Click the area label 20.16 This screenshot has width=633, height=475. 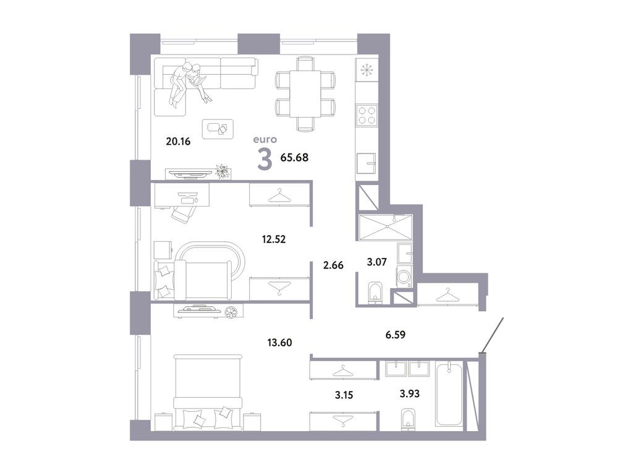[x=177, y=141]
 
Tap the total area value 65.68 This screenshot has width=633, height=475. [x=294, y=157]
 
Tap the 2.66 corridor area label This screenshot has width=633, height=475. [x=333, y=265]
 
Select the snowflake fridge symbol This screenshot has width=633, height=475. [x=367, y=70]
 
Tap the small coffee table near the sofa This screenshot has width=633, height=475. [x=218, y=127]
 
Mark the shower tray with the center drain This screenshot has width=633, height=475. [x=386, y=226]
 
